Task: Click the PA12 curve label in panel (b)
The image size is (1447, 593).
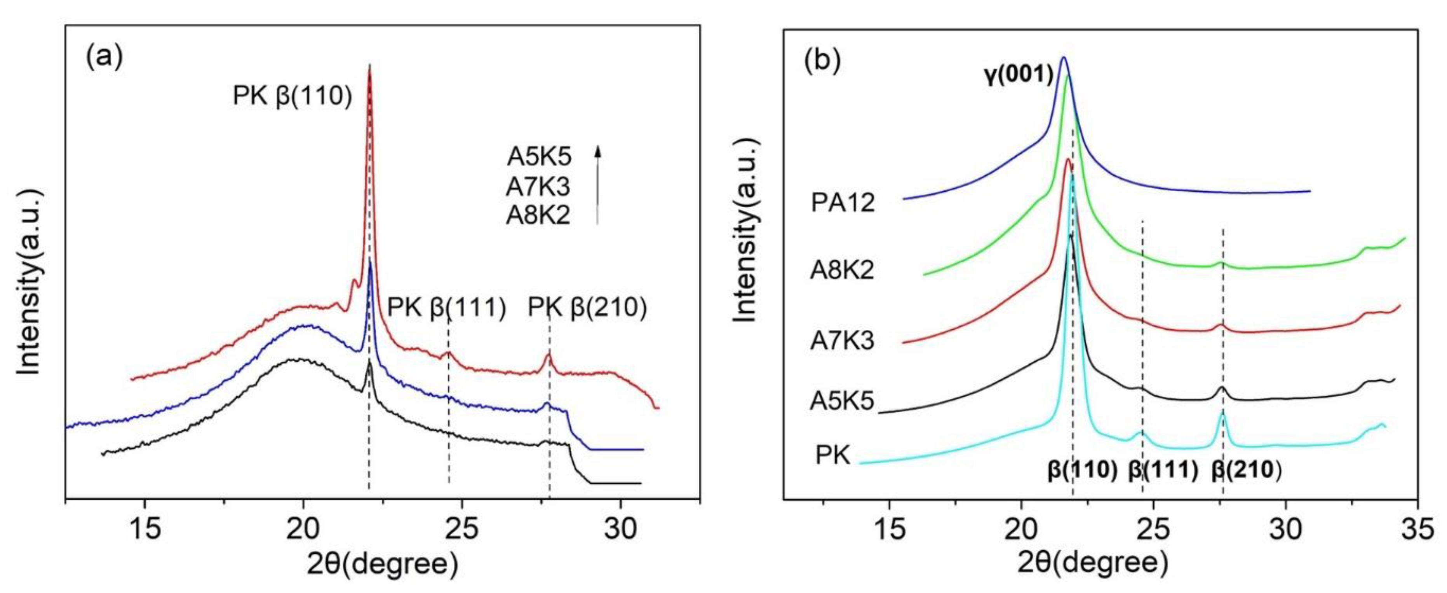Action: pos(843,202)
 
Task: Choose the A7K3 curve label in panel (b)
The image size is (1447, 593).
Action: pos(842,341)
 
